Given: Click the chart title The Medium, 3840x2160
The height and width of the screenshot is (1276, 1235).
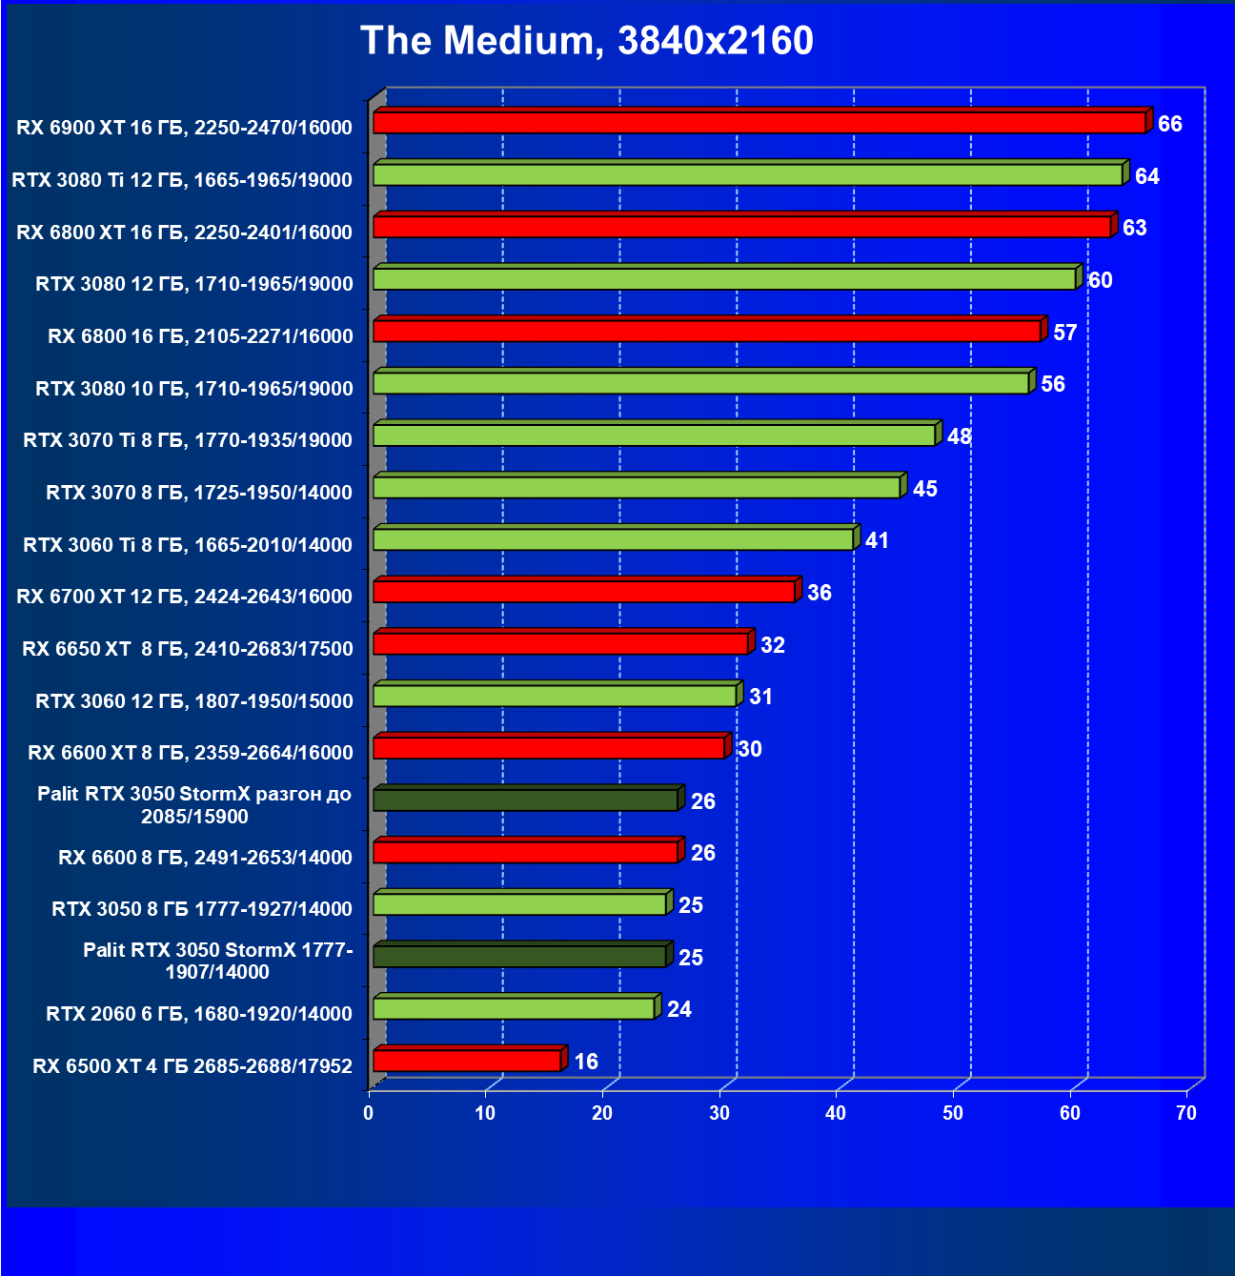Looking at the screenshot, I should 587,41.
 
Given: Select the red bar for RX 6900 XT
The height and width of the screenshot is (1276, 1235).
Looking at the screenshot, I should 759,123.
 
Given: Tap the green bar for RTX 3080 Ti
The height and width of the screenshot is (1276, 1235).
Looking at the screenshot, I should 747,175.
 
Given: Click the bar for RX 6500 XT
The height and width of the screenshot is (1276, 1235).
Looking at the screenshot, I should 467,1061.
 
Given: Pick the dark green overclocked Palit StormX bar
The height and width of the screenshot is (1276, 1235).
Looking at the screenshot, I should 525,800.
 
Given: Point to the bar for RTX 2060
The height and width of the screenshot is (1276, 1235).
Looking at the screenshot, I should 514,1008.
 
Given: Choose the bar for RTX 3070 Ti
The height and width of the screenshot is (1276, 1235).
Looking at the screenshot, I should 654,435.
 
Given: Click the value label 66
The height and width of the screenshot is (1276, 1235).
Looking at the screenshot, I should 1169,124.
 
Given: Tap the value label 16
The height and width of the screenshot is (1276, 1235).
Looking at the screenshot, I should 586,1062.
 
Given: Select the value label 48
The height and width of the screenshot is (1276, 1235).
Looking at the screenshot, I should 959,436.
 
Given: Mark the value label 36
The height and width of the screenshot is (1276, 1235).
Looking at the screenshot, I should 819,593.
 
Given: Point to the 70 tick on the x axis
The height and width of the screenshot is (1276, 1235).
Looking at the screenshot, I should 1186,1113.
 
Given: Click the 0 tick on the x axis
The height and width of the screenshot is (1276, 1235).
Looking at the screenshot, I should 369,1113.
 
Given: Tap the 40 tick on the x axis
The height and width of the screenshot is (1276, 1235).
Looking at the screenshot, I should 836,1113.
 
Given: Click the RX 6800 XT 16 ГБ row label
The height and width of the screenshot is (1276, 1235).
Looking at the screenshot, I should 184,232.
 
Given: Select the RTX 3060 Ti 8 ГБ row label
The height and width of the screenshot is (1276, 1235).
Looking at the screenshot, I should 188,544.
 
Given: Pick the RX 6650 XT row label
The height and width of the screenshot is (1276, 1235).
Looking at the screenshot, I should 188,649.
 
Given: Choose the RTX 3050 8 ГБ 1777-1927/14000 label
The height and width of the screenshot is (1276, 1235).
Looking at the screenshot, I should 202,909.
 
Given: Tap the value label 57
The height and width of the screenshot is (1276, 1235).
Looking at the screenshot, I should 1064,333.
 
